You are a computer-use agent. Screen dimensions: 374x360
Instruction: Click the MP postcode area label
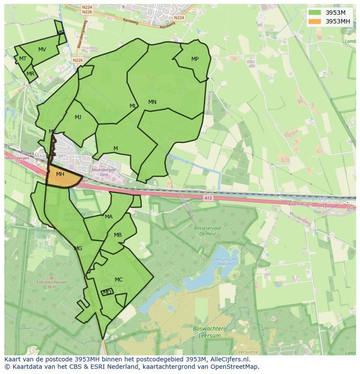point(195,59)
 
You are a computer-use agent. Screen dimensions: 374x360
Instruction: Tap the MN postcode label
point(152,102)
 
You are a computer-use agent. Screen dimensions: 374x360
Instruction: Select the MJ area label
point(78,117)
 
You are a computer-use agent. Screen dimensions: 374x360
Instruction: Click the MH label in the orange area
point(60,174)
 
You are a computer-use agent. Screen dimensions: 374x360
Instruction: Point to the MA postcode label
point(109,217)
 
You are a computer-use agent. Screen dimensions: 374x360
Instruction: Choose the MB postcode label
point(118,235)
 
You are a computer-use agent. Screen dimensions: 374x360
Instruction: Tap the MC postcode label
point(119,279)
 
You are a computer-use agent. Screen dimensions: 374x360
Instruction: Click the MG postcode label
point(78,248)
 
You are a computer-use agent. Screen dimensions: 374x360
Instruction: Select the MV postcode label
point(42,50)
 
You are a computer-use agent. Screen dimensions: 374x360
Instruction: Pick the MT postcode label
point(23,59)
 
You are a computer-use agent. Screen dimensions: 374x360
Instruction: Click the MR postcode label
point(30,74)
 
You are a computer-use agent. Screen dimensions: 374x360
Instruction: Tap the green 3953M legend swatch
point(315,12)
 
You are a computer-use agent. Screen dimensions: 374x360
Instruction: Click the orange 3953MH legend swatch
point(315,21)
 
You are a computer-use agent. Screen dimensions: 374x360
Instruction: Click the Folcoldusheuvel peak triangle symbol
point(51,277)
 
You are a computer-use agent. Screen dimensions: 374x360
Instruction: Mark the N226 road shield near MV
point(78,60)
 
